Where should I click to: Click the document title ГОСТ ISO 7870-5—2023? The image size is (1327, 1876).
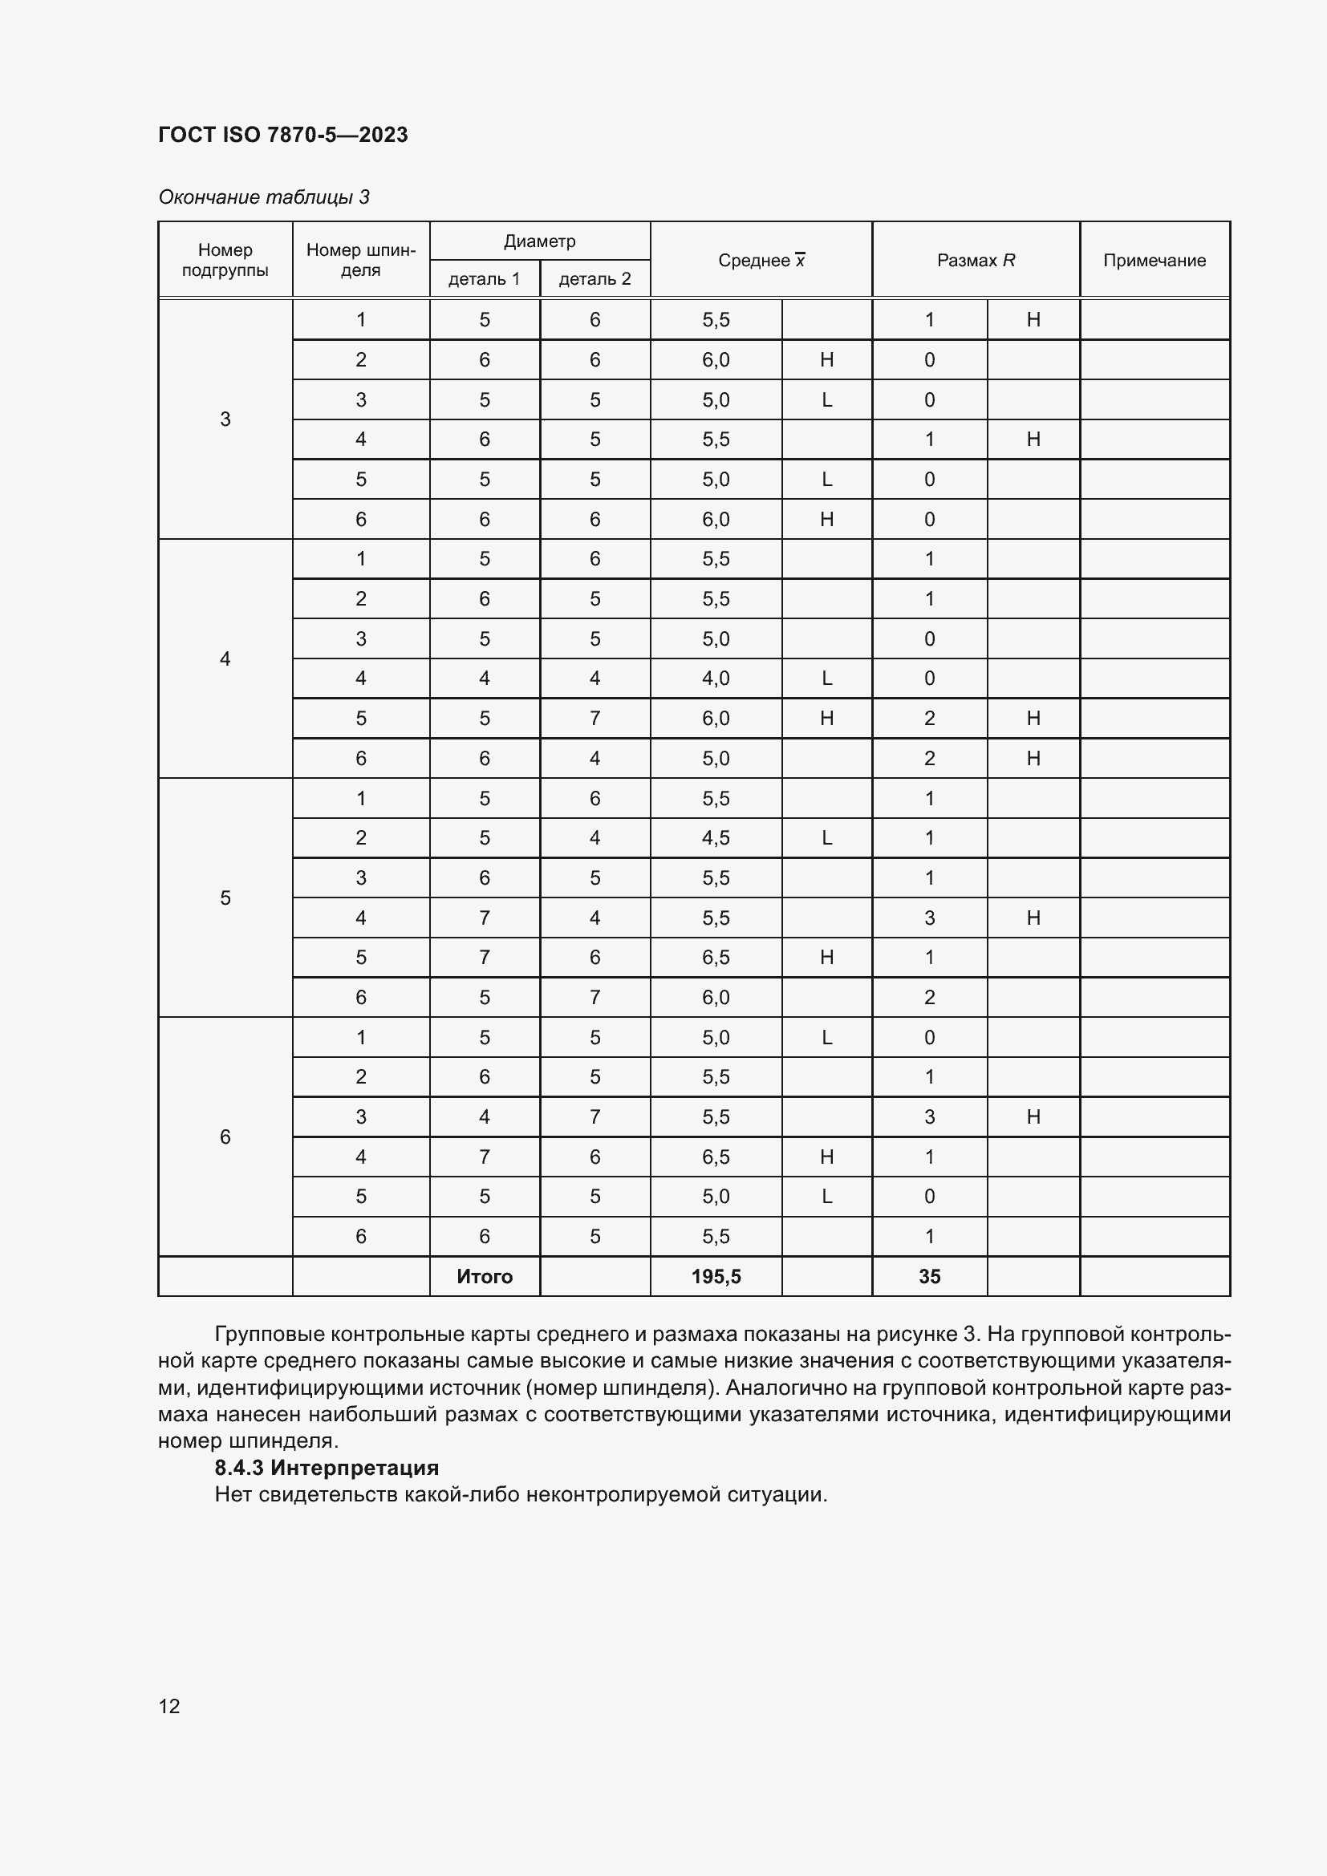(x=282, y=135)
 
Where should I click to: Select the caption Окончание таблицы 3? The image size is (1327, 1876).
(x=264, y=197)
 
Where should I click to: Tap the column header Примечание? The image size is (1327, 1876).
(x=1154, y=261)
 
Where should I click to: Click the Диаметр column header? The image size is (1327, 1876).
(x=539, y=241)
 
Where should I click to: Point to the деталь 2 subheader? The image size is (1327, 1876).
(x=594, y=278)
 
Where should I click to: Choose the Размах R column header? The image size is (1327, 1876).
(x=976, y=261)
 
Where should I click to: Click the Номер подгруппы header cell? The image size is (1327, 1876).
(x=225, y=260)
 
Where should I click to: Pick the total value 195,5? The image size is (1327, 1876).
(x=716, y=1276)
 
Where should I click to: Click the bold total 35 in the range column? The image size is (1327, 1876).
(x=929, y=1276)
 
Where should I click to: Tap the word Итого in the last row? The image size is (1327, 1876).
(x=485, y=1276)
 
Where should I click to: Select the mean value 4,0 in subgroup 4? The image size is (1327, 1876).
(x=716, y=679)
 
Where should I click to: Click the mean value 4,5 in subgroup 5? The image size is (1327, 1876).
(x=716, y=837)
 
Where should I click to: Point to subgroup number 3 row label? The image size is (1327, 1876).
(x=225, y=419)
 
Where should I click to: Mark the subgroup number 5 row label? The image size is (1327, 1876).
(x=225, y=898)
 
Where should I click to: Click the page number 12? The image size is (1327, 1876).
(x=169, y=1706)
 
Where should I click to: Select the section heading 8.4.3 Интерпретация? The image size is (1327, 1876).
(x=327, y=1468)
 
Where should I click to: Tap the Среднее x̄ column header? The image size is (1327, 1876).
(x=761, y=261)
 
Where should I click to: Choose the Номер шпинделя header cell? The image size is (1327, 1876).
(x=360, y=260)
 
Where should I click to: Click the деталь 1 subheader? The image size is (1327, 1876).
(x=484, y=278)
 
